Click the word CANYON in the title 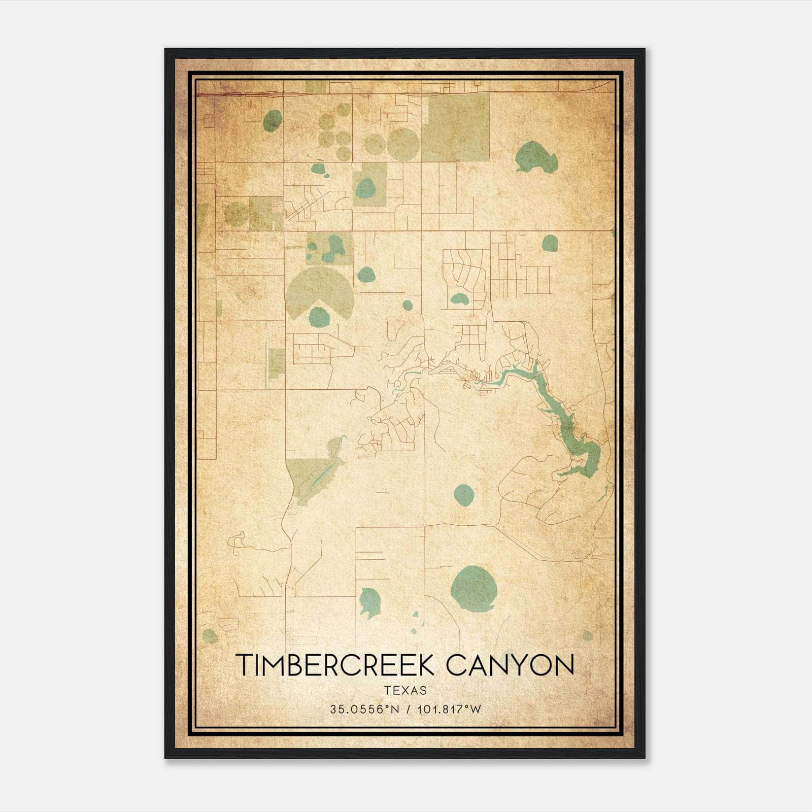(510, 665)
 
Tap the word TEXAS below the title (405, 691)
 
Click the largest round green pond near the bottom (473, 588)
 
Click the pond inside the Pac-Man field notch (319, 317)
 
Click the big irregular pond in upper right (535, 157)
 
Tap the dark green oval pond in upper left (273, 121)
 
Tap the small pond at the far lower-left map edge (210, 636)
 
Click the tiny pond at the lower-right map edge (587, 635)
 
